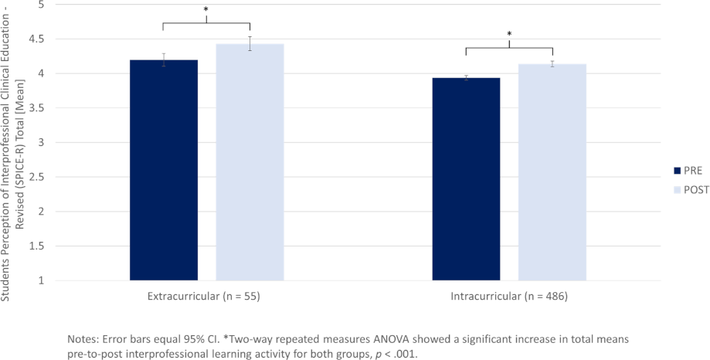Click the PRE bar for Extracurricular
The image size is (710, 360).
pos(164,170)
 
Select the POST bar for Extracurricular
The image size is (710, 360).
pos(250,162)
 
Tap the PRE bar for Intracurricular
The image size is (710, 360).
pos(466,178)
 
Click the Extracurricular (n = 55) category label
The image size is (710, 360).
pos(206,297)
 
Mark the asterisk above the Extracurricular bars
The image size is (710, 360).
pos(206,10)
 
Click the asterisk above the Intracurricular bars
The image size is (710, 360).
pos(509,35)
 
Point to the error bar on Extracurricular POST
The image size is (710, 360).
pos(250,43)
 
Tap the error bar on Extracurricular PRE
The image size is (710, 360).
pos(164,60)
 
